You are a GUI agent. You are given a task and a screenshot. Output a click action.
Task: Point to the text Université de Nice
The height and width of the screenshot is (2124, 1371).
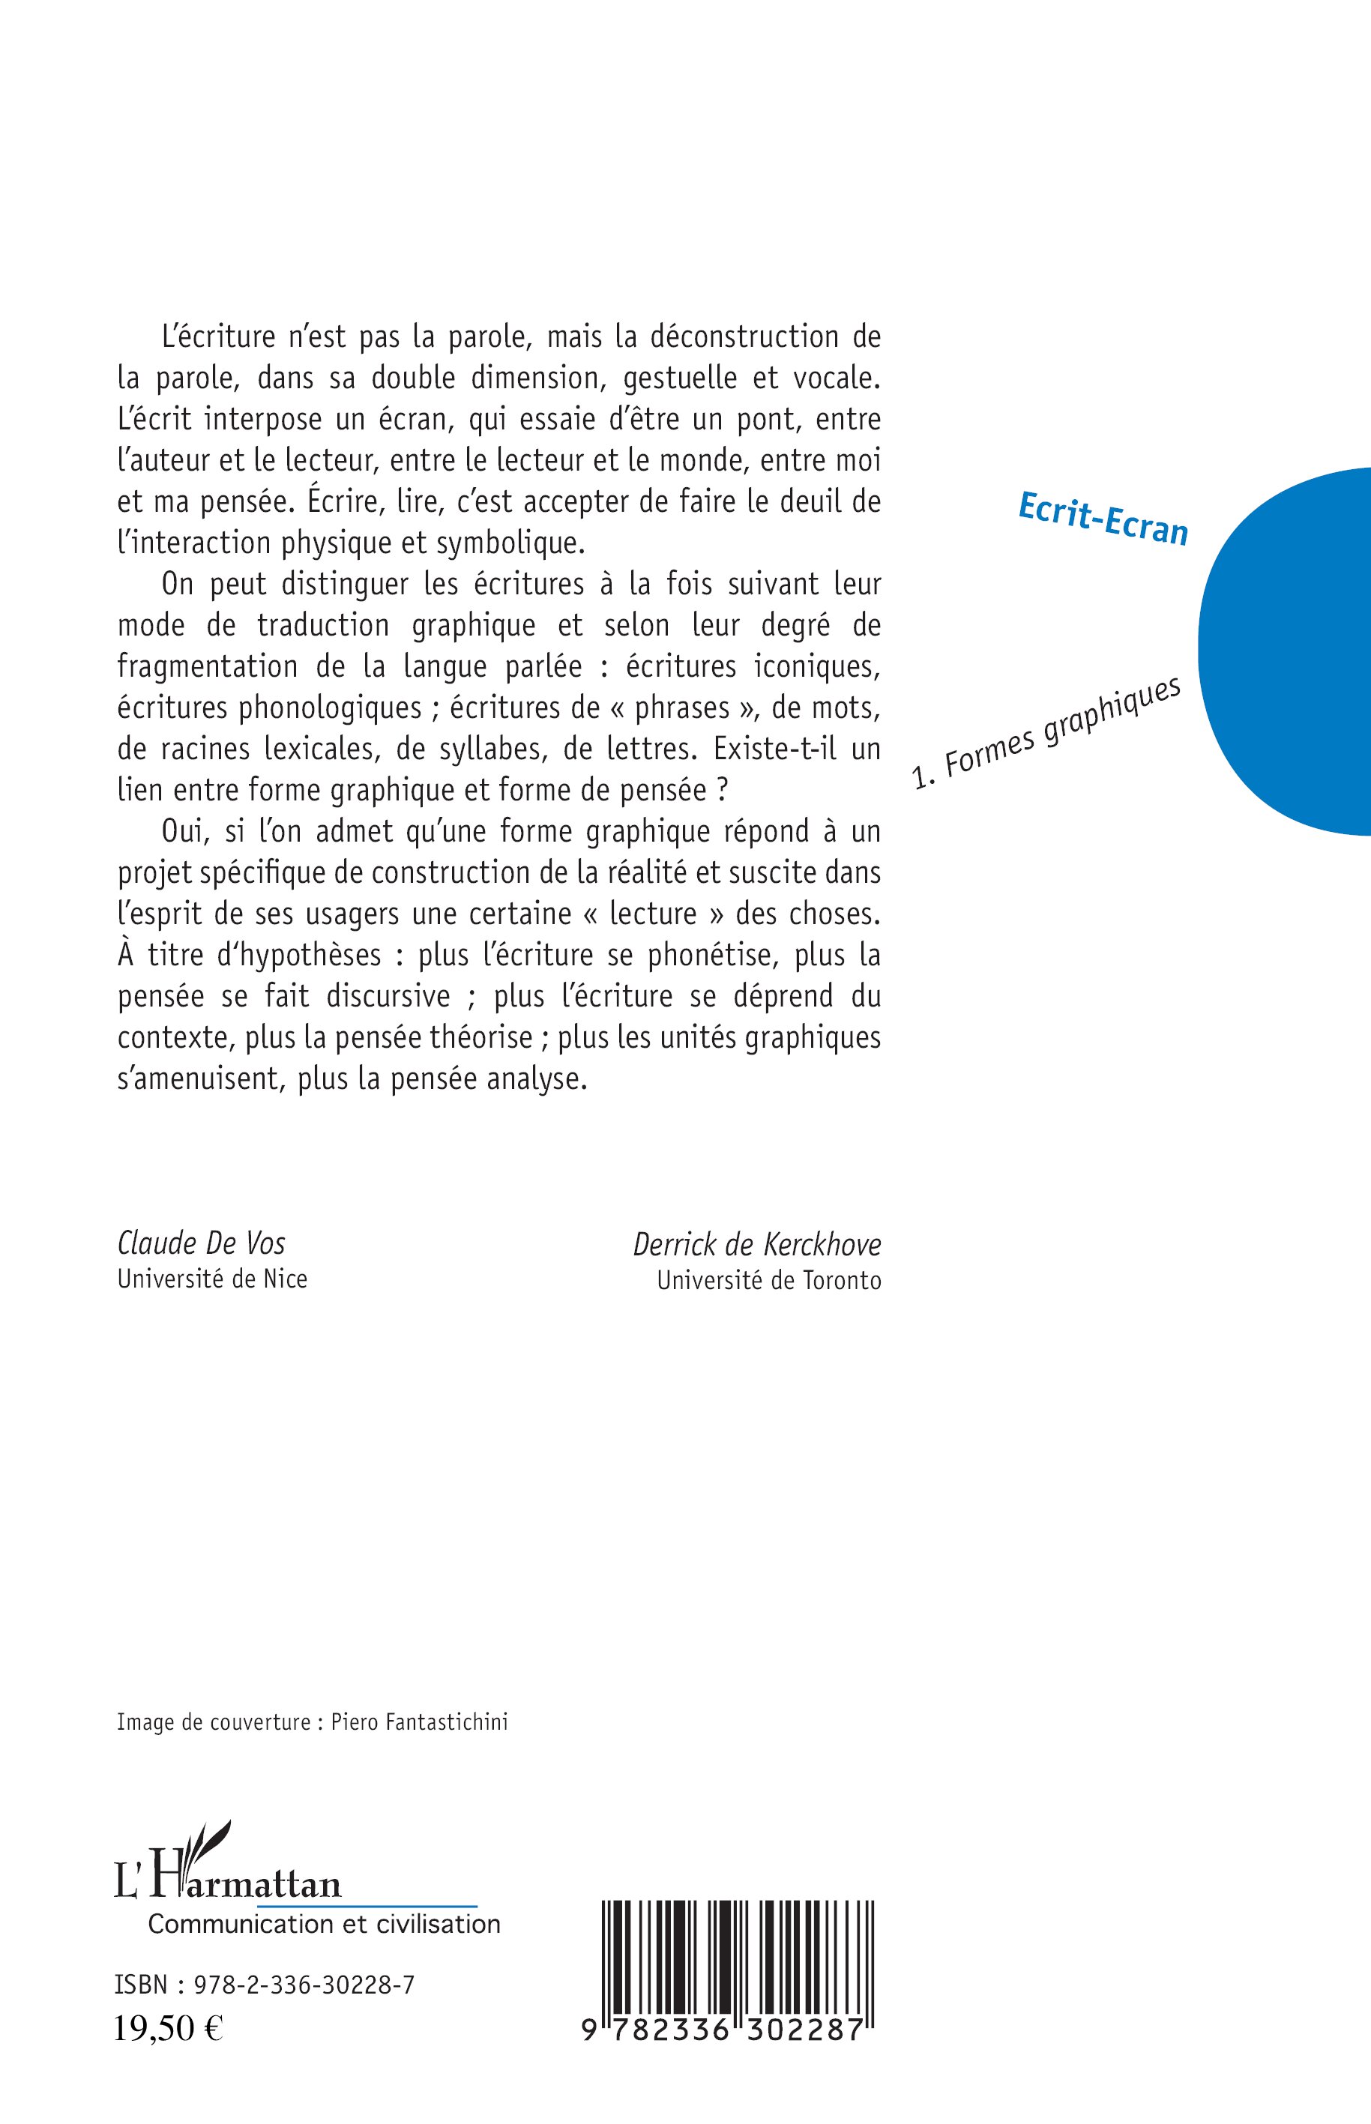click(212, 1279)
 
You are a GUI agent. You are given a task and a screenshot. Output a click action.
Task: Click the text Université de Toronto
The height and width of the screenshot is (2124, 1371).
click(769, 1280)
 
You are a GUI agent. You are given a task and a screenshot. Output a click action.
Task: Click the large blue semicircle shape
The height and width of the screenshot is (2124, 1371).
click(1291, 650)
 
